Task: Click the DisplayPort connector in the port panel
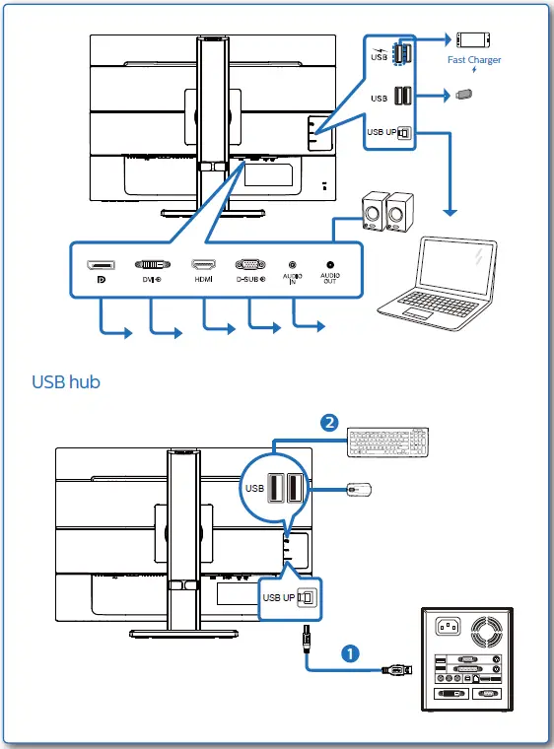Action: pyautogui.click(x=100, y=266)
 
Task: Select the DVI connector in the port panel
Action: pyautogui.click(x=150, y=265)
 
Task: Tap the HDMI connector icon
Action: pyautogui.click(x=204, y=265)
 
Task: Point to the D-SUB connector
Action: pyautogui.click(x=249, y=265)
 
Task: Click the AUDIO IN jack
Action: pyautogui.click(x=293, y=265)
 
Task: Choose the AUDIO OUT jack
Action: pyautogui.click(x=329, y=265)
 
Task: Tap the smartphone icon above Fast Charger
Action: pyautogui.click(x=473, y=39)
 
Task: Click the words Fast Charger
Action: pyautogui.click(x=474, y=60)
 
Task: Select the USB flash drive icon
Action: pyautogui.click(x=466, y=96)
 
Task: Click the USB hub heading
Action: pyautogui.click(x=66, y=380)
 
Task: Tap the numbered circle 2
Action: pyautogui.click(x=330, y=423)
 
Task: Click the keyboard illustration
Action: pyautogui.click(x=388, y=443)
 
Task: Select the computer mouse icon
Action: pyautogui.click(x=358, y=489)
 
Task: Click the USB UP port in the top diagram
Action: pyautogui.click(x=403, y=132)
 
